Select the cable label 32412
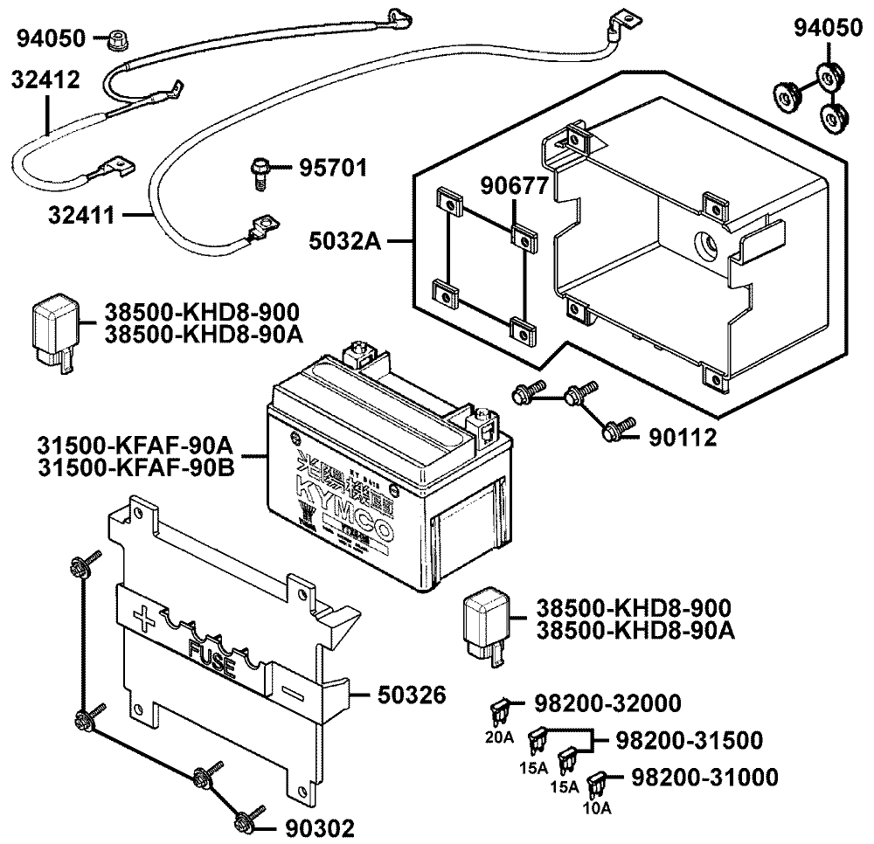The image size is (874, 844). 45,80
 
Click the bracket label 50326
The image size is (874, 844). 412,695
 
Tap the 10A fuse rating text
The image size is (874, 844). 598,808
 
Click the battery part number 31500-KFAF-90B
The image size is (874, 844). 135,467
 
